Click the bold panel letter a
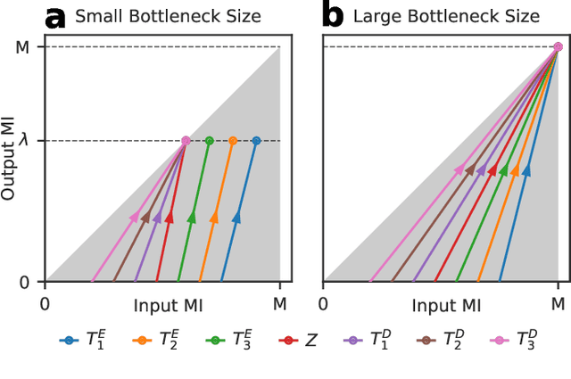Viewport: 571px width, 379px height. [56, 16]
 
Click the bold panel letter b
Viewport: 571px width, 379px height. [333, 16]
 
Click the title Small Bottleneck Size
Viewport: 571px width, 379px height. [167, 16]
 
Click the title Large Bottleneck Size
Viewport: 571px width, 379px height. [446, 16]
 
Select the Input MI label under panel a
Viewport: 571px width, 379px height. [169, 306]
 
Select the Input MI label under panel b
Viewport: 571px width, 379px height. [446, 306]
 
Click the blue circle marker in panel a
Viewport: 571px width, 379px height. [256, 141]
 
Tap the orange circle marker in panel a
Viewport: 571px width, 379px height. [233, 141]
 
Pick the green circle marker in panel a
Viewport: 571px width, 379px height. [210, 141]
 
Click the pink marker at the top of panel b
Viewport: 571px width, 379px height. [558, 47]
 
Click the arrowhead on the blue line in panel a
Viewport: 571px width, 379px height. [236, 217]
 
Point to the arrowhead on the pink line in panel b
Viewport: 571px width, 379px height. [459, 169]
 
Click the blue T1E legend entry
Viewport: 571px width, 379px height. [80, 340]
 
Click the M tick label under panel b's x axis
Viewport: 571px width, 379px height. [558, 302]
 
